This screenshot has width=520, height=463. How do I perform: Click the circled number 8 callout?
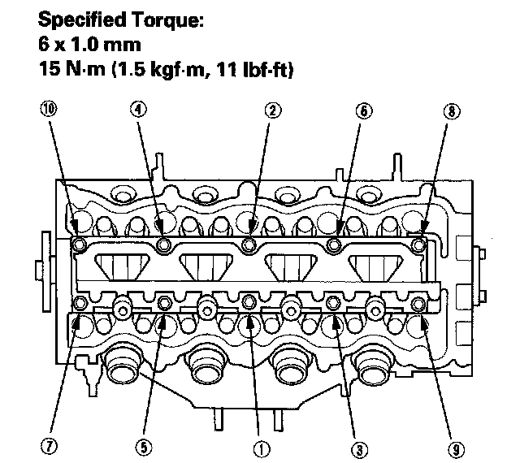pos(452,111)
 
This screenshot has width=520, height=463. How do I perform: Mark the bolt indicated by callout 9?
pos(418,304)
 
